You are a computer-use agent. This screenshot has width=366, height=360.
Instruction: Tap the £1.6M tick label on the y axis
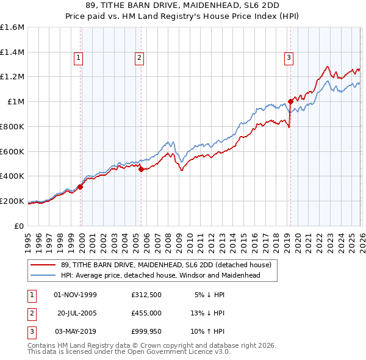tap(12, 27)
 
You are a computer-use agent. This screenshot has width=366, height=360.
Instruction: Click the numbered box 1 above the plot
tap(79, 58)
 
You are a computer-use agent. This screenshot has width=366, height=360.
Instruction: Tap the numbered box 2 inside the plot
tap(139, 58)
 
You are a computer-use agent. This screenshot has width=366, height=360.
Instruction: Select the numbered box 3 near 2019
tap(289, 58)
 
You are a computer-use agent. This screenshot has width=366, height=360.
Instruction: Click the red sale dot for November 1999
tap(81, 187)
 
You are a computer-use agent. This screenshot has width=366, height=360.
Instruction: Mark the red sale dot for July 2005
tap(141, 170)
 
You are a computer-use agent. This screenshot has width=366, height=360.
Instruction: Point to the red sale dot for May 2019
tap(290, 102)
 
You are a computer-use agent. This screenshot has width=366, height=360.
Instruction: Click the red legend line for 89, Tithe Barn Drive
tap(43, 265)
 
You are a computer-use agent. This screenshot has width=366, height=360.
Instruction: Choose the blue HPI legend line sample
tap(43, 275)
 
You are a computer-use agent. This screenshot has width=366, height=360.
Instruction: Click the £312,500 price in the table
tap(146, 295)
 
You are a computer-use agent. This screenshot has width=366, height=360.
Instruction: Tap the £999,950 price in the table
tap(146, 331)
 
